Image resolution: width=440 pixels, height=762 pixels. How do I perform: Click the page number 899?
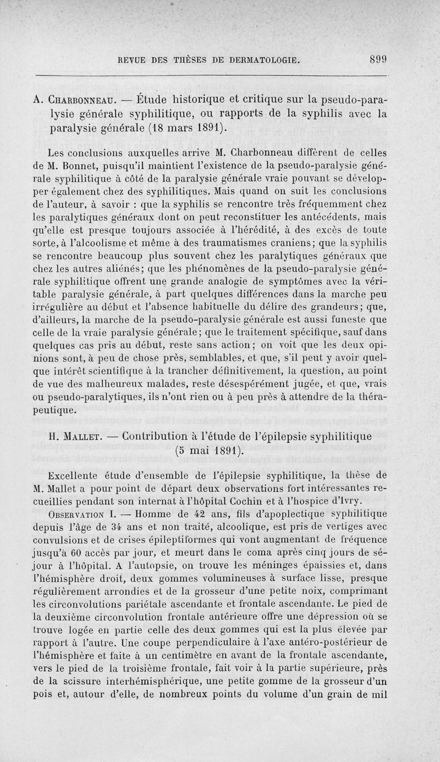[379, 59]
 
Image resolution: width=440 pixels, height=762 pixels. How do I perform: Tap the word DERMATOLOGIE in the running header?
[263, 59]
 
